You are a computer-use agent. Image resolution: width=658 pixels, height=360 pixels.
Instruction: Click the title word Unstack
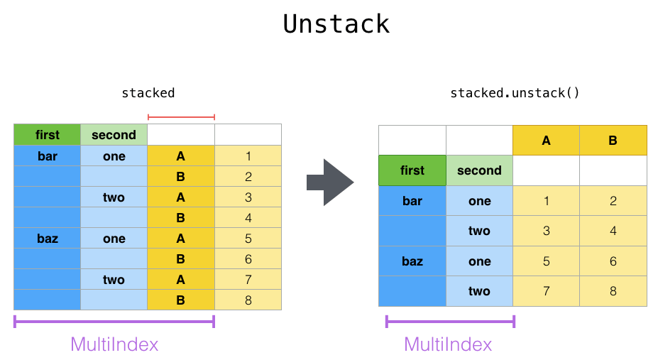point(336,24)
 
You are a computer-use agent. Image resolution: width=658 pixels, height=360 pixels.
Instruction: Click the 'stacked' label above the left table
point(148,93)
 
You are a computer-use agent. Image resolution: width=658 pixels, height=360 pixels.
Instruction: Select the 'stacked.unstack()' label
point(515,93)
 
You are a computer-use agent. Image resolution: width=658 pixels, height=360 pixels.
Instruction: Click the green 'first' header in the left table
point(48,135)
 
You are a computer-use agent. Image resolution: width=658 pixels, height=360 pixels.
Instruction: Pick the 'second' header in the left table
point(114,135)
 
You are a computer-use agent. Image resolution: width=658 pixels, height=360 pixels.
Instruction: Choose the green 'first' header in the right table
point(412,170)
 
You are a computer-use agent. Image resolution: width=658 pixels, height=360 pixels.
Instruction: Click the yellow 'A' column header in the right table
point(546,140)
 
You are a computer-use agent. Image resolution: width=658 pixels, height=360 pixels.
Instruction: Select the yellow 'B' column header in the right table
point(613,140)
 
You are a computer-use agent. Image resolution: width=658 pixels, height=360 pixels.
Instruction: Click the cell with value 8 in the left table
point(248,300)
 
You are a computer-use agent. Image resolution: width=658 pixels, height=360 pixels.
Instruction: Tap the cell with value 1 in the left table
point(248,156)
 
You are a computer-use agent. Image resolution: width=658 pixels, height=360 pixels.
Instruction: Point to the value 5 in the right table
point(546,261)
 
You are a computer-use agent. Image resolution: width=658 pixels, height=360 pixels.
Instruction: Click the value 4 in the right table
point(613,231)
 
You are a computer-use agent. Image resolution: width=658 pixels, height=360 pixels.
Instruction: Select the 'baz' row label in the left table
point(48,239)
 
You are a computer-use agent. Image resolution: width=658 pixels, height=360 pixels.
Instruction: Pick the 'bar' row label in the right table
point(412,201)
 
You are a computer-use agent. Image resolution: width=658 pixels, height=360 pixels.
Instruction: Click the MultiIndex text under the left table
point(114,344)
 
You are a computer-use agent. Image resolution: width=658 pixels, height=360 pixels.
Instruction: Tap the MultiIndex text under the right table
point(448,344)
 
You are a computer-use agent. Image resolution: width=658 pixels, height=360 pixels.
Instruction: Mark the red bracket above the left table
point(181,116)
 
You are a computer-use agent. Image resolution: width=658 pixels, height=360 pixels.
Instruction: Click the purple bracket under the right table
point(450,322)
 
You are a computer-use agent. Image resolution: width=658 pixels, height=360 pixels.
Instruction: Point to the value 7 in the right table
point(546,291)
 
